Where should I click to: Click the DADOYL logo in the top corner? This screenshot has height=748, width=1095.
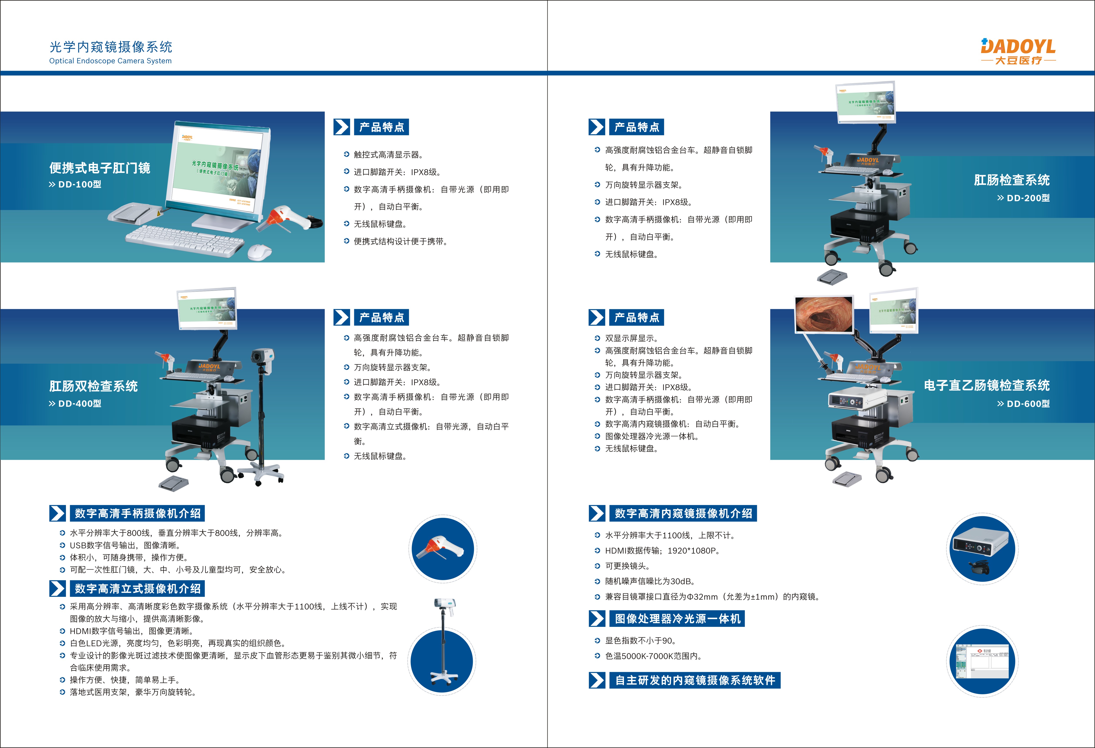[1018, 51]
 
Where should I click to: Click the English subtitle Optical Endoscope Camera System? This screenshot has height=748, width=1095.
[110, 61]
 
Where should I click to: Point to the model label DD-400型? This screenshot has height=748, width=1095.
[75, 404]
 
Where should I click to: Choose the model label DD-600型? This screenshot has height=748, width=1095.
[1023, 404]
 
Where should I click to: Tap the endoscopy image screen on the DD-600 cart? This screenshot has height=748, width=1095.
[824, 314]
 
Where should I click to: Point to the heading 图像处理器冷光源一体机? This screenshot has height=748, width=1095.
[677, 618]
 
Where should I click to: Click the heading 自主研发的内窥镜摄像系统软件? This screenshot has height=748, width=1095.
[695, 680]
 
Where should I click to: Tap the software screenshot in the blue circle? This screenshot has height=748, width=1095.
[982, 661]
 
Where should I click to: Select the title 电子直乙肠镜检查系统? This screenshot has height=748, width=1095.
[987, 385]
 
